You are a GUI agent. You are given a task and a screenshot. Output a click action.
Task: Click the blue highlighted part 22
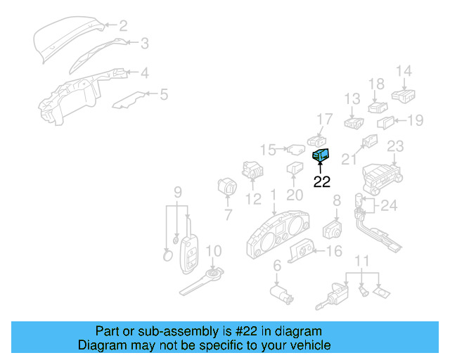pyautogui.click(x=320, y=155)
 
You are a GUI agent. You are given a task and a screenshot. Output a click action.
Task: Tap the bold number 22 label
pyautogui.click(x=321, y=182)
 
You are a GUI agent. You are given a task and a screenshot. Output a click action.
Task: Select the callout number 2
pyautogui.click(x=123, y=27)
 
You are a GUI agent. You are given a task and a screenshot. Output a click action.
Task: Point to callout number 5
pyautogui.click(x=164, y=94)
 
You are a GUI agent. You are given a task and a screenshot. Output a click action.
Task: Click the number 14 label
pyautogui.click(x=403, y=70)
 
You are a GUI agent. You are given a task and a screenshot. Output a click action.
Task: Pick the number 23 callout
pyautogui.click(x=396, y=146)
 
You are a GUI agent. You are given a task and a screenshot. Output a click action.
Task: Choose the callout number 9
pyautogui.click(x=177, y=191)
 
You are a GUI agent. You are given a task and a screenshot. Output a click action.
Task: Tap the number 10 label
pyautogui.click(x=213, y=250)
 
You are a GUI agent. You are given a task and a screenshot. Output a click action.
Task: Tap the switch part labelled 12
pyautogui.click(x=251, y=171)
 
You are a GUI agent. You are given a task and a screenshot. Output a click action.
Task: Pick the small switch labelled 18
pyautogui.click(x=378, y=108)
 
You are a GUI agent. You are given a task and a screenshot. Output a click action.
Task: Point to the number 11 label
pyautogui.click(x=361, y=262)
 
